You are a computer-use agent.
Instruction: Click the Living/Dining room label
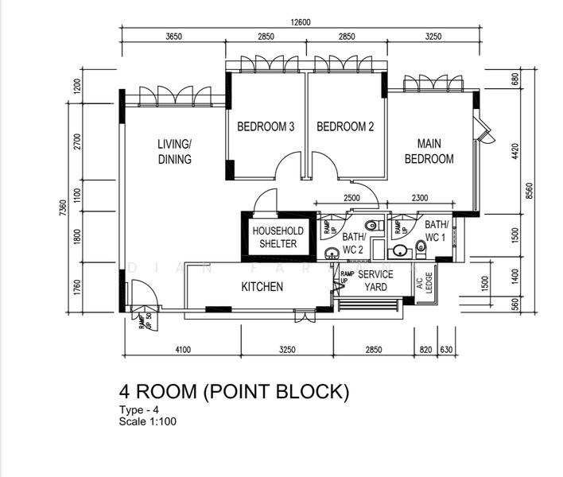click(x=174, y=152)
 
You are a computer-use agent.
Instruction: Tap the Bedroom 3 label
click(x=266, y=126)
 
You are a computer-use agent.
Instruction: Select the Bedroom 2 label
click(x=345, y=126)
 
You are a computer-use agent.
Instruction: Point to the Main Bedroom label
click(x=429, y=151)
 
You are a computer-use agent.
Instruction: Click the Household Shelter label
click(x=274, y=237)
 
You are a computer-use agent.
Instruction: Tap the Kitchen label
click(x=262, y=286)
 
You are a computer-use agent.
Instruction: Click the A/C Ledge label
click(x=429, y=282)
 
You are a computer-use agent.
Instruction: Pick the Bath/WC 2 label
click(x=353, y=243)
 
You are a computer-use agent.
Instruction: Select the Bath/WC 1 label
click(x=436, y=231)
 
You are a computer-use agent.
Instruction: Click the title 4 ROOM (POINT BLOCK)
click(x=234, y=391)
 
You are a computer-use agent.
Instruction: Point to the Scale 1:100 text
click(x=147, y=421)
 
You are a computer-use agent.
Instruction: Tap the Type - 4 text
click(x=140, y=410)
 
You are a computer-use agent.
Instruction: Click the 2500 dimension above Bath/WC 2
click(x=351, y=198)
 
